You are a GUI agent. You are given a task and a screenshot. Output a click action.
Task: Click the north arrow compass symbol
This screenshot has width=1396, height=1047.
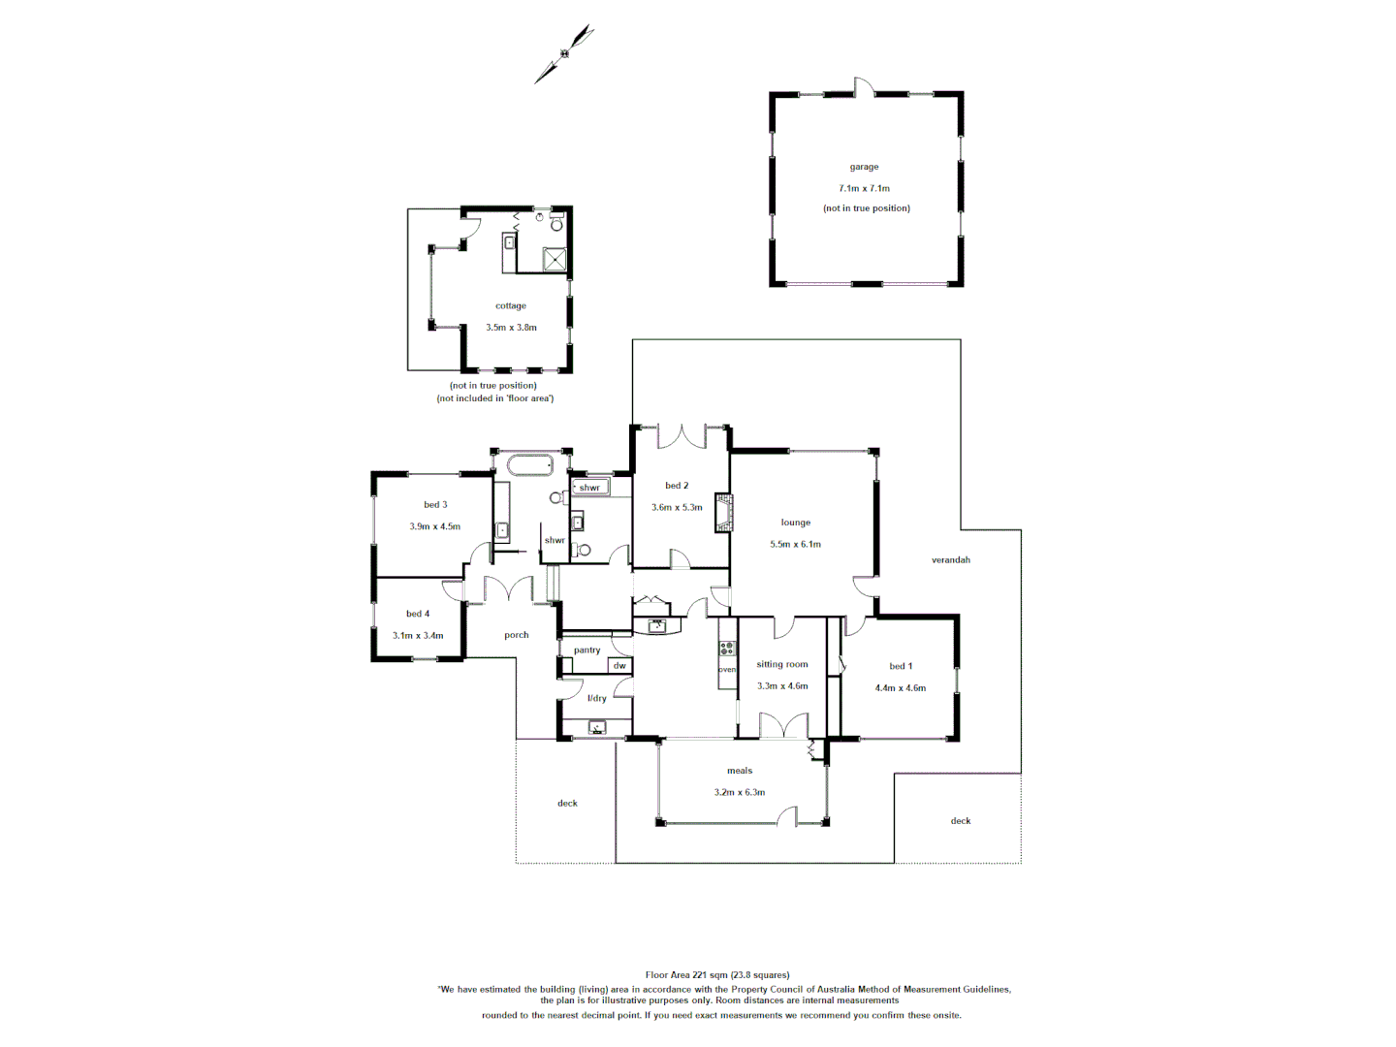564,53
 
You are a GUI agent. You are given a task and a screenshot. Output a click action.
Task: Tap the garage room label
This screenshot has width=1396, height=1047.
864,167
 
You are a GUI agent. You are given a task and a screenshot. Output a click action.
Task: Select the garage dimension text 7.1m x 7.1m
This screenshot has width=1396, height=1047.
864,188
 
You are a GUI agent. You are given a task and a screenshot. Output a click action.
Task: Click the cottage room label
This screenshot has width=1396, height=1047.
511,305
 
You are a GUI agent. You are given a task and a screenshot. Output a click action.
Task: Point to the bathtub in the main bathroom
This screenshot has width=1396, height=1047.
529,464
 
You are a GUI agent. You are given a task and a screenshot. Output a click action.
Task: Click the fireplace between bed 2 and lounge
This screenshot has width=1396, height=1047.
723,513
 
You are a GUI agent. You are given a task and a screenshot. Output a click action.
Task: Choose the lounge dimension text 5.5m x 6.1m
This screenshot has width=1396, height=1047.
795,544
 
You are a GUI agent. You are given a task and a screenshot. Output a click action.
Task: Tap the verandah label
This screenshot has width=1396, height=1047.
950,559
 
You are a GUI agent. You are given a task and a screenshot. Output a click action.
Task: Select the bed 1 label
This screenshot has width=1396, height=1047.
901,666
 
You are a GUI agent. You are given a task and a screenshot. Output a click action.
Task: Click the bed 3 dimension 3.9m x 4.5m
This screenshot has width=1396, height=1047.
434,526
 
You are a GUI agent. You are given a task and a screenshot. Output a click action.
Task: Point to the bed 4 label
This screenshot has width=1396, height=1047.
418,614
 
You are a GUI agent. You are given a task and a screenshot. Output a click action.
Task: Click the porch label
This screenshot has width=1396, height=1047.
517,635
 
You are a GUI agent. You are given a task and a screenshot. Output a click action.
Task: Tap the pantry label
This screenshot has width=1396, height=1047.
587,650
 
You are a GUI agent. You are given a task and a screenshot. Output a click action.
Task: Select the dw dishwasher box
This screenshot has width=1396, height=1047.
619,665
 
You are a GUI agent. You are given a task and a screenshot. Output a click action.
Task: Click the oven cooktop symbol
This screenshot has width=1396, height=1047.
727,649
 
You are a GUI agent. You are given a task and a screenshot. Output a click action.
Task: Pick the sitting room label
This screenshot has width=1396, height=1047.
781,664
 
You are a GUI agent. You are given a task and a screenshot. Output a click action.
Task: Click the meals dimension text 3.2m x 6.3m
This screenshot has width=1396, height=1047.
740,792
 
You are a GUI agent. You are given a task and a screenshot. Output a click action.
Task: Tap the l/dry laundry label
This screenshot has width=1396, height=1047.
597,698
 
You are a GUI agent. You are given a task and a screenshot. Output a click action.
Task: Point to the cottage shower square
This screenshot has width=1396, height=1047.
555,260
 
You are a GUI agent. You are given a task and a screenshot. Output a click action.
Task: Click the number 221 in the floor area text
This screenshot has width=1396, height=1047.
702,975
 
